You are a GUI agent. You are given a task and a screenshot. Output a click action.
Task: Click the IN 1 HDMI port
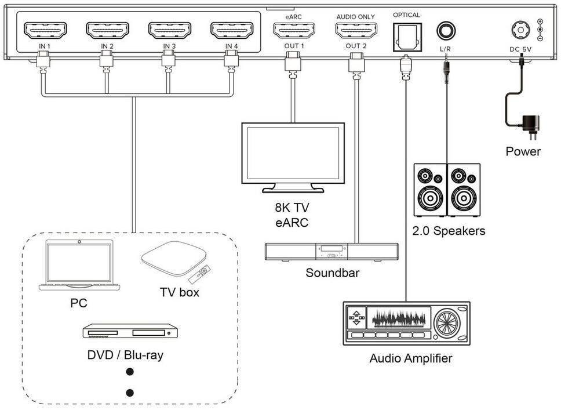45,29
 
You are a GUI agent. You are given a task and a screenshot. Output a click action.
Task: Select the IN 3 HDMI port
169,29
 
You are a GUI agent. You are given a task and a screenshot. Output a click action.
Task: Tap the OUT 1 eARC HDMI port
294,29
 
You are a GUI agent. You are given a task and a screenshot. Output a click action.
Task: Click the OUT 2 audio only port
356,29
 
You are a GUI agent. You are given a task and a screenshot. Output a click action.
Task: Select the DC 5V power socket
519,30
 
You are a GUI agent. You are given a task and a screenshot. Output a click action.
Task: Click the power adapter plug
530,123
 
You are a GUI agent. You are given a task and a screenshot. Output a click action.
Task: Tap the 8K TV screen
293,153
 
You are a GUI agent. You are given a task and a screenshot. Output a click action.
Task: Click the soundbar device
331,251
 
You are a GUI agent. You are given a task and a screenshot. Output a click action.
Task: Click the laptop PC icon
79,267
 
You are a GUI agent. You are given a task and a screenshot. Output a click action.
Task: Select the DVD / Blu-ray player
130,332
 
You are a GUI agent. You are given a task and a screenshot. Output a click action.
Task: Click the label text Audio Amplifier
410,358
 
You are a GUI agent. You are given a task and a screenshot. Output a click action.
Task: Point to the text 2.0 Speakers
449,231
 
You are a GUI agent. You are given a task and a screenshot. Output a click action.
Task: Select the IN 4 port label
232,46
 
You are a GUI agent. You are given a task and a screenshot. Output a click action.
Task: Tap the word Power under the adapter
523,152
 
